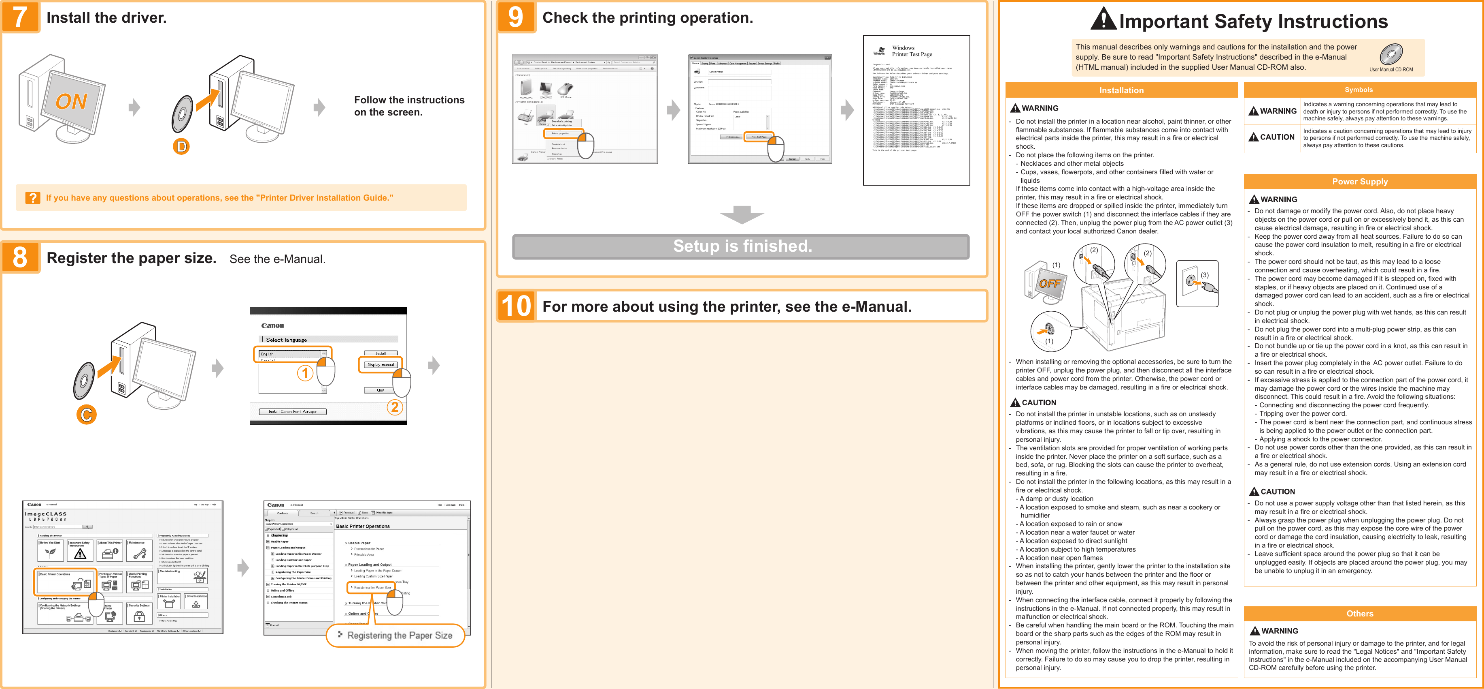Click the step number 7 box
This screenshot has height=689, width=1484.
(20, 17)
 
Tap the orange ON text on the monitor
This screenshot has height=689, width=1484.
(71, 102)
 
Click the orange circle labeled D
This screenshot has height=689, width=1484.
(181, 146)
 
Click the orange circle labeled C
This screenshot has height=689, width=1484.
(86, 415)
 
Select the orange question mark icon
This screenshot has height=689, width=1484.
(33, 198)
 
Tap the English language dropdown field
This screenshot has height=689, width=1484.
(291, 354)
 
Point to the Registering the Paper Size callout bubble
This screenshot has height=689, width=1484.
(396, 636)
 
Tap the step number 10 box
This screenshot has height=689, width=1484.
(516, 306)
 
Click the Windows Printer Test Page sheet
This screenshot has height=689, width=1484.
(916, 110)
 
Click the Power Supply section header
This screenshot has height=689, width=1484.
(1360, 182)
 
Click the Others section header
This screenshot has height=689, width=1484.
(1360, 614)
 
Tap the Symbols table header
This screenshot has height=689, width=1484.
(1359, 90)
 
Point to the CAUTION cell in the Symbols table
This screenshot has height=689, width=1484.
(1272, 137)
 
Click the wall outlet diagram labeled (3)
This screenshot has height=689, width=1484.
(1197, 283)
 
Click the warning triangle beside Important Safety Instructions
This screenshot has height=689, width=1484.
(1103, 19)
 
